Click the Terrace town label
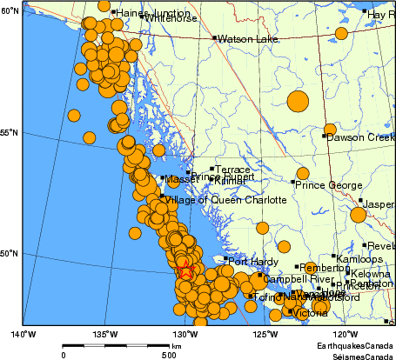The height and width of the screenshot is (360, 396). tap(232, 170)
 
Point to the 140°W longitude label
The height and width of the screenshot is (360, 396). tap(23, 334)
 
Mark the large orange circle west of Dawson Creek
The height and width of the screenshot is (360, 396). tap(298, 102)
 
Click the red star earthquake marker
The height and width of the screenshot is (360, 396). tap(185, 271)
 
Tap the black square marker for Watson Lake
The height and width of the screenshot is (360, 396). tap(215, 38)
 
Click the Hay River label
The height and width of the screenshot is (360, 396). tap(381, 15)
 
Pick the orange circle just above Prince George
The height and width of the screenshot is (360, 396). tap(302, 173)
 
